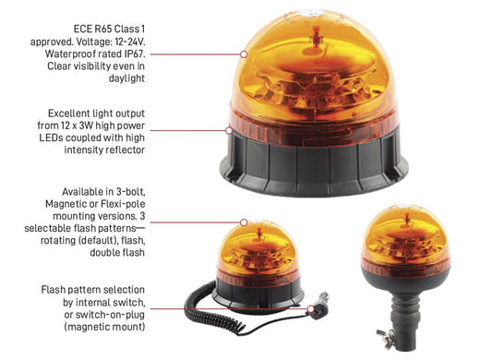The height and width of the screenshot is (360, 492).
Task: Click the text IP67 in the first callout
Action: (134, 54)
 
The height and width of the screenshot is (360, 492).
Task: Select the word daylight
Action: (126, 78)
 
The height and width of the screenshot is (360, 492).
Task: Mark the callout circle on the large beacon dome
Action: (244, 54)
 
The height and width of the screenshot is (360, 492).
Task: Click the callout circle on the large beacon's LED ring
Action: (229, 130)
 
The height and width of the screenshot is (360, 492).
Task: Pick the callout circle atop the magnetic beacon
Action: (244, 222)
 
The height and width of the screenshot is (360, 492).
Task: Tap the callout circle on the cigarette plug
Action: (311, 309)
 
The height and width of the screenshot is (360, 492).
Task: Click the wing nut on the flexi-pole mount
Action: (385, 339)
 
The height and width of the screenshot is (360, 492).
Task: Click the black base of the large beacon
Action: (314, 166)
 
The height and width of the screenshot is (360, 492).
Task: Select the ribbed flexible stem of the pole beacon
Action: (404, 311)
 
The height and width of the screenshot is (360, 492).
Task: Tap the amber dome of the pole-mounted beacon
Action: (405, 234)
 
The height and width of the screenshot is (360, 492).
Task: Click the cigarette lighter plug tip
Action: (323, 297)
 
